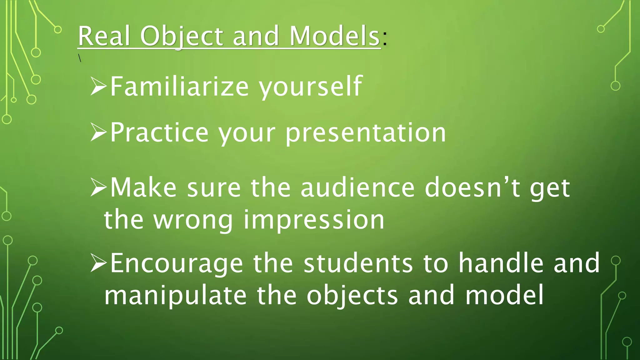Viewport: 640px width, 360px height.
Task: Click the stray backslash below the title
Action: click(80, 58)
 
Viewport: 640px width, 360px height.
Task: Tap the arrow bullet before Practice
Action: click(98, 133)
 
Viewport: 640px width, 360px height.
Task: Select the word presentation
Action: click(366, 133)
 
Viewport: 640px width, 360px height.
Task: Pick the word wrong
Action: click(193, 221)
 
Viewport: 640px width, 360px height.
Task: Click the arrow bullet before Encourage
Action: click(98, 263)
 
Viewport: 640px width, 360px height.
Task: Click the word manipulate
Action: click(175, 296)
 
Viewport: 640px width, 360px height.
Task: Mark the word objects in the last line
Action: click(352, 296)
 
